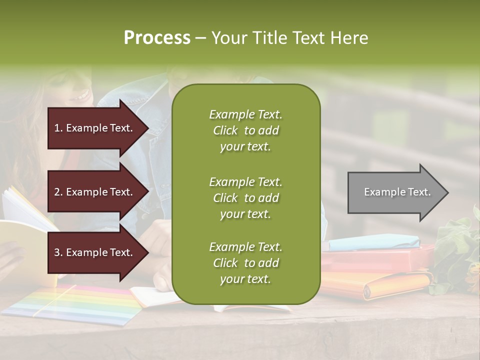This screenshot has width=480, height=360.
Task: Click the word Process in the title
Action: point(157,38)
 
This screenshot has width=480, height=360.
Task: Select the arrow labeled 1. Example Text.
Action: point(95,128)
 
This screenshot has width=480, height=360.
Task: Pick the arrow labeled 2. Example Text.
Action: point(95,192)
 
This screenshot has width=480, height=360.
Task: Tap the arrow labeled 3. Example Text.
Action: point(95,252)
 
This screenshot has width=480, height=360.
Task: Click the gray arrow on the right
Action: point(395,192)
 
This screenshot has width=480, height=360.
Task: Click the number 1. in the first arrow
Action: point(58,128)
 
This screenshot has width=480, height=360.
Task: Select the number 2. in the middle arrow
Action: point(58,192)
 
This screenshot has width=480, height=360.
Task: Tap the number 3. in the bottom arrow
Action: point(58,252)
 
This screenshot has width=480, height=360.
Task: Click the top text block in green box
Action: point(245,130)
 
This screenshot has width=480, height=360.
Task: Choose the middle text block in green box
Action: point(245,198)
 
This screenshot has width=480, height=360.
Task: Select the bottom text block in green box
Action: point(245,263)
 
